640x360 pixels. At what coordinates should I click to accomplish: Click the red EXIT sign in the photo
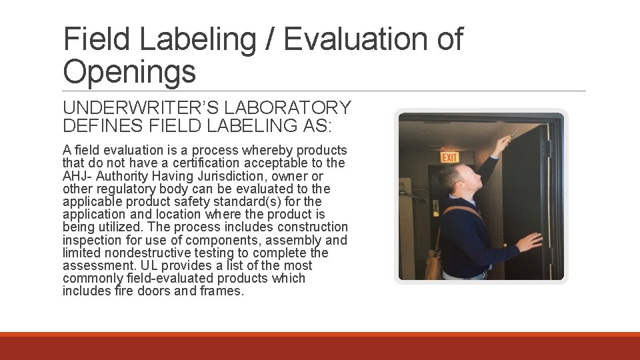(450, 157)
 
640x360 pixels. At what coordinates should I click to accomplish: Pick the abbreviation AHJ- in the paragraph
(78, 176)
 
